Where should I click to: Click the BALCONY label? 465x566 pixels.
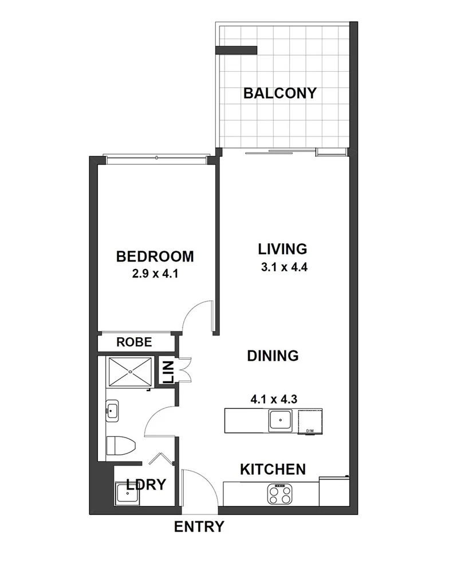279,93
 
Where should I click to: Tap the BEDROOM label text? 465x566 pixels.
155,256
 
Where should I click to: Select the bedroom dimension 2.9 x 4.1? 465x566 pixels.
156,274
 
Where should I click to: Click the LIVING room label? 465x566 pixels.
282,249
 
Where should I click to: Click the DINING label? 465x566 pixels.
273,356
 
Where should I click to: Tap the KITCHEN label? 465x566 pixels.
272,470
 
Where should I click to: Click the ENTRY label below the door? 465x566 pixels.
199,527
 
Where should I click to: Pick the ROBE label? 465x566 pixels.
134,342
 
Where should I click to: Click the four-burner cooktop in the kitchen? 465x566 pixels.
281,494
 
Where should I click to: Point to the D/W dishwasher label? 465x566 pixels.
310,431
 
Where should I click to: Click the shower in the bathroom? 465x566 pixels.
131,372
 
